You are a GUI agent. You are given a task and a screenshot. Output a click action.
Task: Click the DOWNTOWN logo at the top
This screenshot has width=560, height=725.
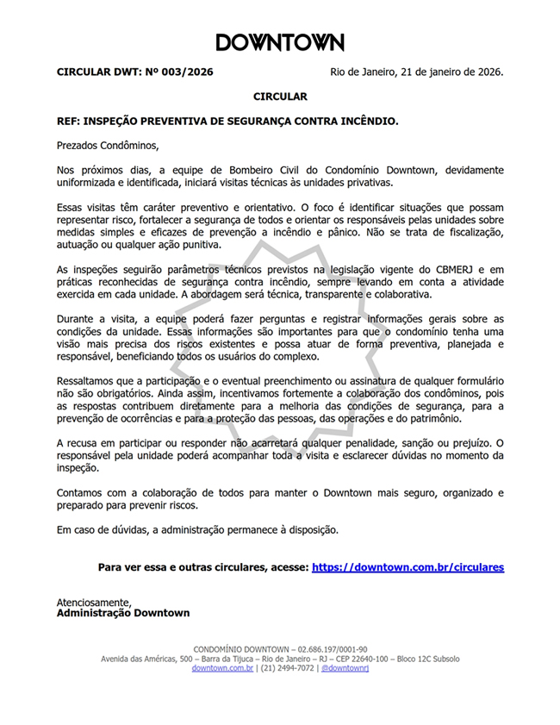pyautogui.click(x=280, y=42)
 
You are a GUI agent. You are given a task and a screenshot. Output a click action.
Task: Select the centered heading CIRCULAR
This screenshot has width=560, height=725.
pyautogui.click(x=280, y=97)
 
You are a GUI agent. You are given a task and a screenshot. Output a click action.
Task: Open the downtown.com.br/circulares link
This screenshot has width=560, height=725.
pyautogui.click(x=408, y=567)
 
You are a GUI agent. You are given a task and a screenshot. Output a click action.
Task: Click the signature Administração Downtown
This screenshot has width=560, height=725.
pyautogui.click(x=123, y=613)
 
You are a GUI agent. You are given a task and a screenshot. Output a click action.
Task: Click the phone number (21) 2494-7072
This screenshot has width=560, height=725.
pyautogui.click(x=288, y=668)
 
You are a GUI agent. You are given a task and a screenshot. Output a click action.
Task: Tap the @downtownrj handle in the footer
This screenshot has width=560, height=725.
pyautogui.click(x=345, y=668)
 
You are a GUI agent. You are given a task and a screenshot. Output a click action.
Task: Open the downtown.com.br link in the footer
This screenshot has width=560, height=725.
pyautogui.click(x=222, y=668)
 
